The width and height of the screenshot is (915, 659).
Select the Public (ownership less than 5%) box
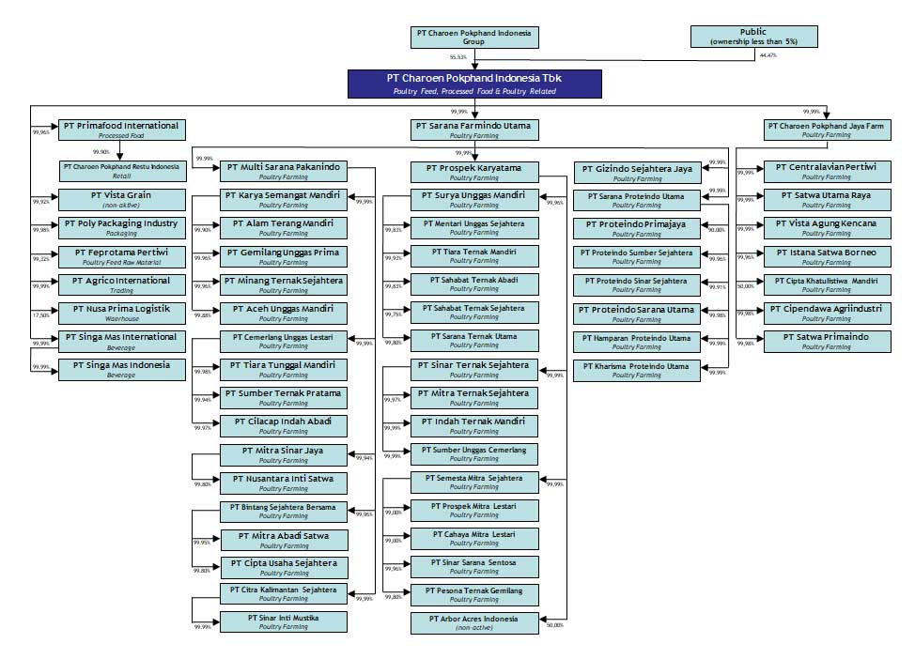[752, 37]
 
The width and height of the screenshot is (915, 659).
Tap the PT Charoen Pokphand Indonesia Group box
[473, 37]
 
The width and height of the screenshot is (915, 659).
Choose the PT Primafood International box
[120, 130]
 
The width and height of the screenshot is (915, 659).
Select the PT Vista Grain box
[120, 200]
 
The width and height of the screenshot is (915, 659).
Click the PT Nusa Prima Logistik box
[120, 313]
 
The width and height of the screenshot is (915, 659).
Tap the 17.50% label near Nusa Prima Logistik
[40, 315]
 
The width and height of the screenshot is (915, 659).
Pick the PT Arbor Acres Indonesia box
[473, 623]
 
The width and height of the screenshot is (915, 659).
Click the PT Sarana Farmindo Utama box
[473, 130]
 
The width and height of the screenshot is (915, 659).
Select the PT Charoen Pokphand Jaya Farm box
[827, 130]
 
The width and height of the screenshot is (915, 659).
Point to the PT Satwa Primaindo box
[827, 341]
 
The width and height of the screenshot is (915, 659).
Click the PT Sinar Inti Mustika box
[283, 622]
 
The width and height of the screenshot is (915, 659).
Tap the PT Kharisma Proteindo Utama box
[636, 370]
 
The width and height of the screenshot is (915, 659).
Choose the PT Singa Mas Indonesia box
[120, 369]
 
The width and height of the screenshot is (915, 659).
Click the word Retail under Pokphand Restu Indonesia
[120, 176]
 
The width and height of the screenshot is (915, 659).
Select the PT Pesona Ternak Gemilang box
[473, 594]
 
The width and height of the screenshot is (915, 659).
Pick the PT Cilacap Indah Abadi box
[283, 426]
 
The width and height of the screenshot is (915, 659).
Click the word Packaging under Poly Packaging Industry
[120, 233]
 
